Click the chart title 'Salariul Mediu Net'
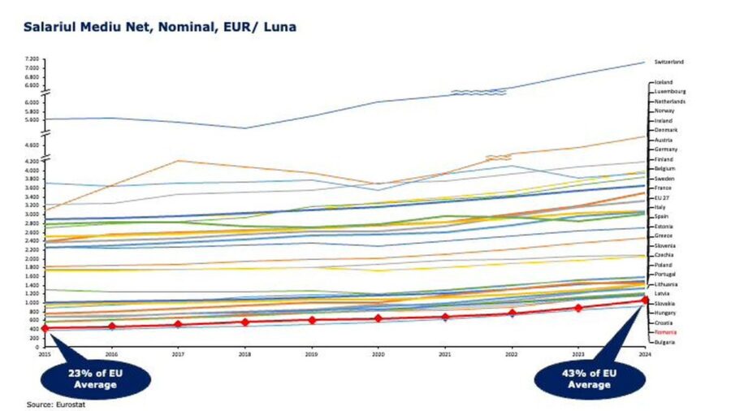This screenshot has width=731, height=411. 159,27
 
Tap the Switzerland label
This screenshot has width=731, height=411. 670,62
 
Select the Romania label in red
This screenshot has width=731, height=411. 667,332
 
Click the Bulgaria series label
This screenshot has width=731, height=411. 666,342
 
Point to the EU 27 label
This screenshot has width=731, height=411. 664,197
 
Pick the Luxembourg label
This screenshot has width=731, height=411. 671,92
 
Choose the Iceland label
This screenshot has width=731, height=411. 664,82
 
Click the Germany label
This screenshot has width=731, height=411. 666,149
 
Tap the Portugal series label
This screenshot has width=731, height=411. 666,275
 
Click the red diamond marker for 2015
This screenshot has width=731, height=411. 45,328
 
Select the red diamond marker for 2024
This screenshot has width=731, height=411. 644,301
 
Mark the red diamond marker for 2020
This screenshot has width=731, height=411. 378,318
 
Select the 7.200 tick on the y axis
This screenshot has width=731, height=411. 32,60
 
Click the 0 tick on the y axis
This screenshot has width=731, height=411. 38,347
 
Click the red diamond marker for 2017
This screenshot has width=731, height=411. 178,324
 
